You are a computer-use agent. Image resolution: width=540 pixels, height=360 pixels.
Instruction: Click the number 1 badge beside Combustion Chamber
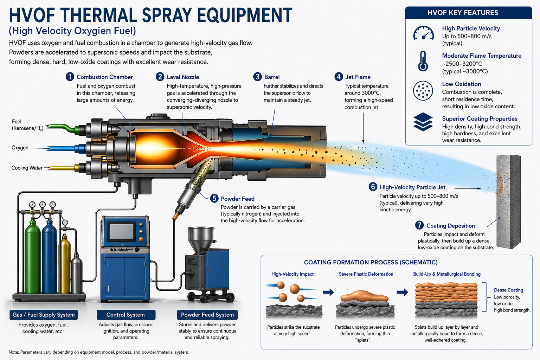tap(70, 77)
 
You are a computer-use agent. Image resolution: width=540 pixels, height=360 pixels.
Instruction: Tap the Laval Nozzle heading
tap(182, 77)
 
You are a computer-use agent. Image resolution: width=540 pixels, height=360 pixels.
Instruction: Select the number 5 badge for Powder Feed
tap(214, 198)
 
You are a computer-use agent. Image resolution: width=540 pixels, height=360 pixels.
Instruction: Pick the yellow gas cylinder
tap(65, 264)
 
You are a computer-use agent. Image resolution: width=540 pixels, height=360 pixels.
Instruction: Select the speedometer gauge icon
tap(423, 33)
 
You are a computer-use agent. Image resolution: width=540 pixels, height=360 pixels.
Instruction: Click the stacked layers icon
tap(423, 122)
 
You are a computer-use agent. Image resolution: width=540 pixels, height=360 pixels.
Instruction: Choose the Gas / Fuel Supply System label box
tap(44, 315)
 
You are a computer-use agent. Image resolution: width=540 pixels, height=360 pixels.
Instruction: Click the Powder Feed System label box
tap(207, 315)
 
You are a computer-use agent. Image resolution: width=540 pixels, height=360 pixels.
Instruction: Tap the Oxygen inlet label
tap(20, 148)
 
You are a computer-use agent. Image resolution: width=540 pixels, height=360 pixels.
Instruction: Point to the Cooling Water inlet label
tap(27, 168)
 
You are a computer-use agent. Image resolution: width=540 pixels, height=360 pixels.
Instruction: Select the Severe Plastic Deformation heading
tap(366, 274)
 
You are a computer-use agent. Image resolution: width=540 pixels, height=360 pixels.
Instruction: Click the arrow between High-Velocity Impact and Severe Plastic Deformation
tap(328, 292)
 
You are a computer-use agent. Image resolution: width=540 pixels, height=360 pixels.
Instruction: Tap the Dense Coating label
tap(508, 290)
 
